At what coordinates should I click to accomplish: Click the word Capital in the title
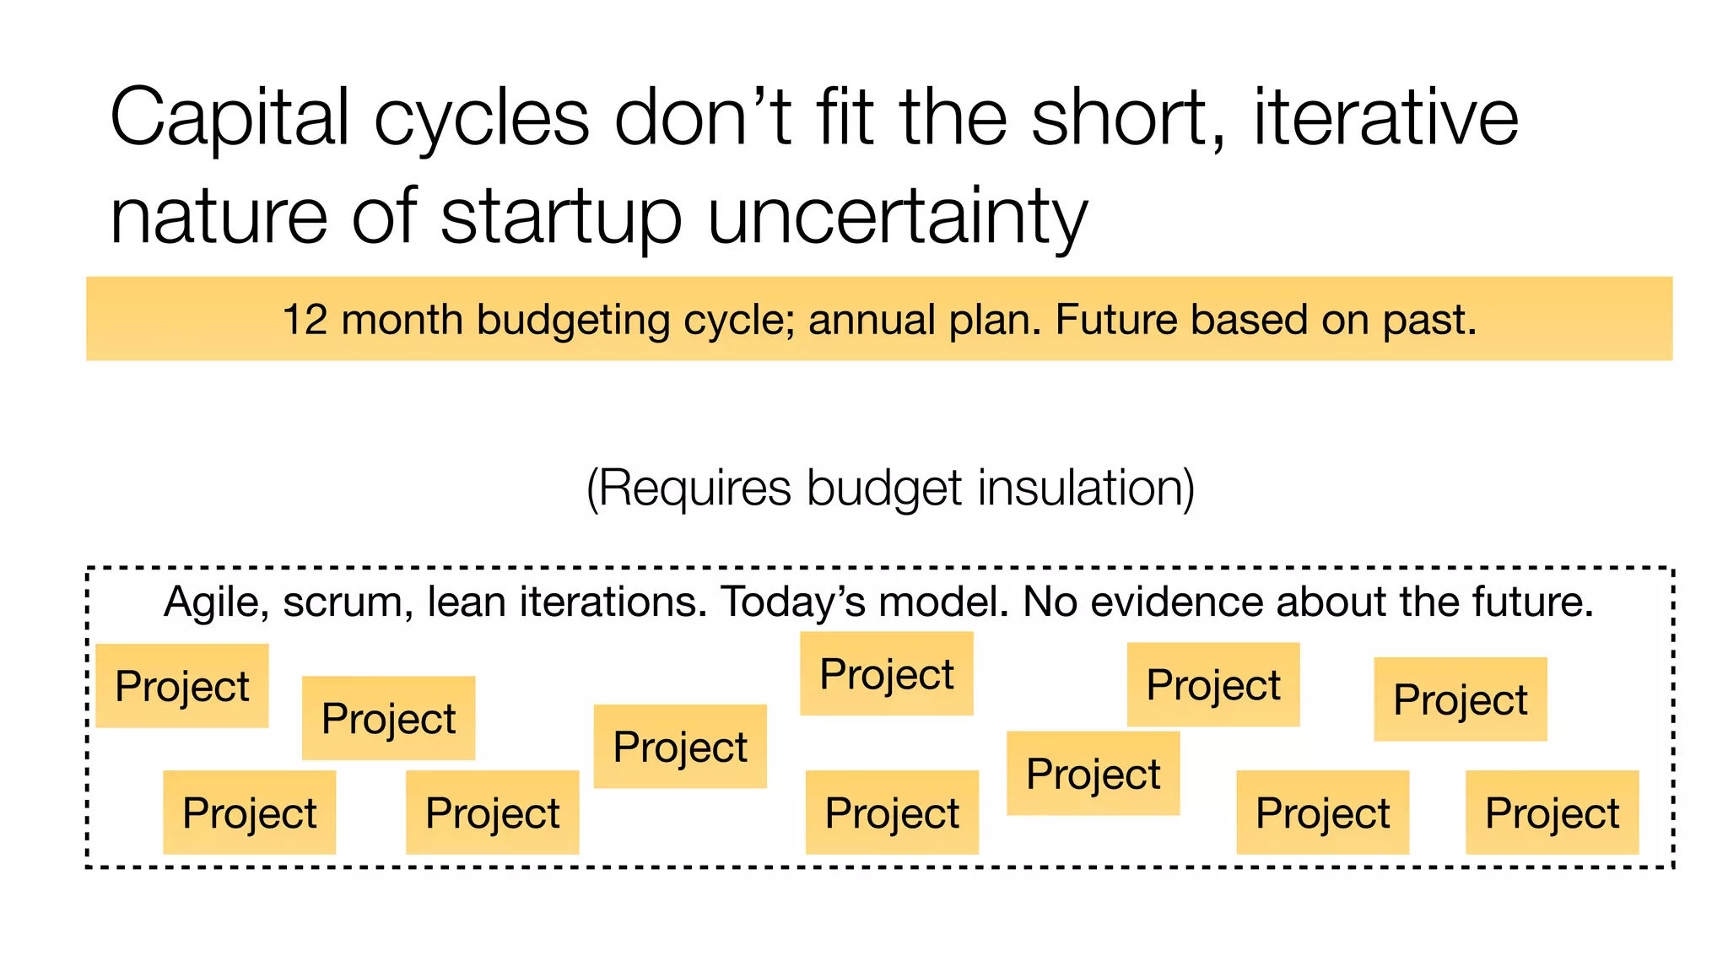click(x=229, y=119)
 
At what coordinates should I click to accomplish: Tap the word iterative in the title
click(x=1385, y=117)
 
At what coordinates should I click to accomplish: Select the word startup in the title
click(x=560, y=217)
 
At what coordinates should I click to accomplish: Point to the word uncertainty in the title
click(x=897, y=217)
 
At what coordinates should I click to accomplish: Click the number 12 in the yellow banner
click(x=305, y=321)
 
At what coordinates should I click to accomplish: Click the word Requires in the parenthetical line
click(x=695, y=489)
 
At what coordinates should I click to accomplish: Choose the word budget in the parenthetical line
click(x=883, y=489)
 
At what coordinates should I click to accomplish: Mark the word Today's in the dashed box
click(x=791, y=602)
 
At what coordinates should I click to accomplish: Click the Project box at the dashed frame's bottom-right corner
click(x=1552, y=813)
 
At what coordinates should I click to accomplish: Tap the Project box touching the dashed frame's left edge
click(x=182, y=686)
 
